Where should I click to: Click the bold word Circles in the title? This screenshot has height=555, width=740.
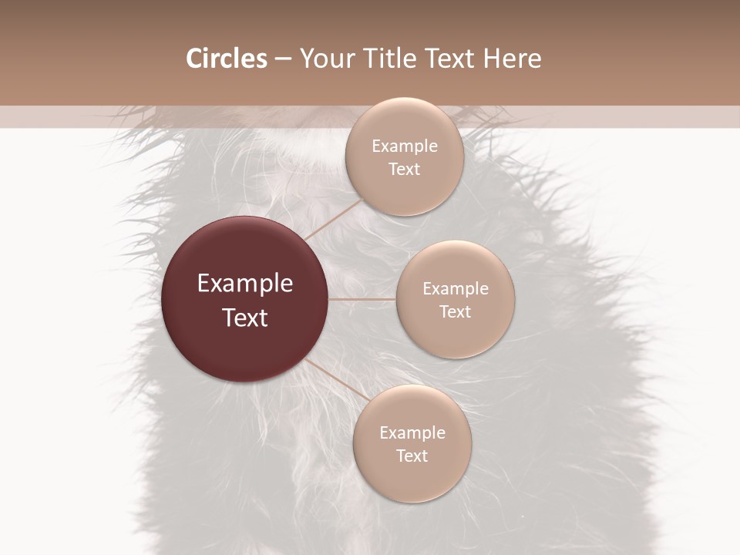point(226,59)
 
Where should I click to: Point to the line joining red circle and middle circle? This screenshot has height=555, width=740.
point(362,299)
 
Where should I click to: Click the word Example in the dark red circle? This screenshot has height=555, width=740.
point(244,284)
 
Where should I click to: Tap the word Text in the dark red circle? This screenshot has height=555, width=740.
point(244,318)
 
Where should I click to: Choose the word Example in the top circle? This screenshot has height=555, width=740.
point(404,146)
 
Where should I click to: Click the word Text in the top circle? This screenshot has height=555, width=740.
point(404,170)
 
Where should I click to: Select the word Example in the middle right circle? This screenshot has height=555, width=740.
point(455,289)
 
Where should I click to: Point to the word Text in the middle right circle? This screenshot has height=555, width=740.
point(455,312)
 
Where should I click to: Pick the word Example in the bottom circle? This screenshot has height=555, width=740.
point(412,433)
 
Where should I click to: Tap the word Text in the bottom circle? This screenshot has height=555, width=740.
point(412,456)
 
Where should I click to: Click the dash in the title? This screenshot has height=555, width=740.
point(283,59)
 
